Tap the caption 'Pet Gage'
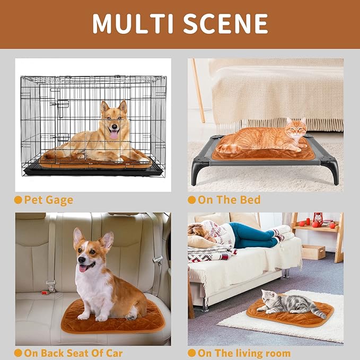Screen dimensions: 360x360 tap(49, 200)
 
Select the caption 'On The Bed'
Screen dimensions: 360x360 tap(229, 200)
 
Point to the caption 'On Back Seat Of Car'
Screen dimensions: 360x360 tap(73, 353)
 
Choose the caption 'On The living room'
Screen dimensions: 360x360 tap(243, 353)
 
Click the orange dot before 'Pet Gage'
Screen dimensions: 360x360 tap(18, 200)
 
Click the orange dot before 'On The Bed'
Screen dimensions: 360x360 tap(191, 200)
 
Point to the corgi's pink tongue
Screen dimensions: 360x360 tap(83, 268)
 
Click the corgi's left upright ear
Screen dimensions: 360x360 tap(79, 237)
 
